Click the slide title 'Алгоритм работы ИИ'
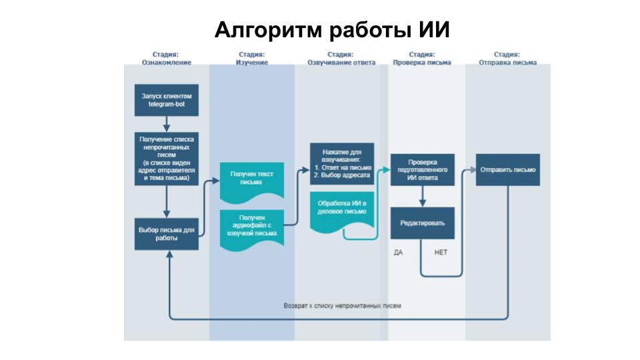(332, 31)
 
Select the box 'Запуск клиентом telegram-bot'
(166, 101)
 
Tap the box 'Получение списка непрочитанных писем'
(166, 159)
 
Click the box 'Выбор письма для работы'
(166, 233)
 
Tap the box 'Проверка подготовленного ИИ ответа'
(422, 170)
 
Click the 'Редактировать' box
(422, 223)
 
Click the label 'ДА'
(398, 253)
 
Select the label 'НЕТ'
(441, 253)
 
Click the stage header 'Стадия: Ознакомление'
(166, 58)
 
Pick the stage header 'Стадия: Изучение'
(251, 58)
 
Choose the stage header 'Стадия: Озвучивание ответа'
(341, 58)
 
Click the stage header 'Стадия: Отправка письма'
(507, 58)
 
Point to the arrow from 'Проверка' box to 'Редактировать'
(422, 196)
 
